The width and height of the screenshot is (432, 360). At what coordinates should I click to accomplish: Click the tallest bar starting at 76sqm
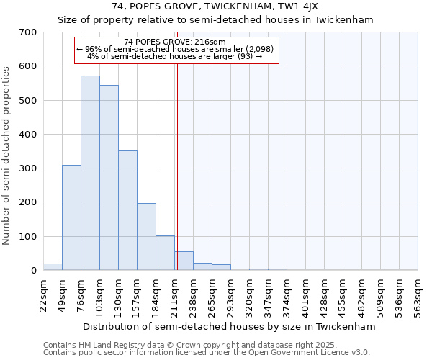click(x=90, y=173)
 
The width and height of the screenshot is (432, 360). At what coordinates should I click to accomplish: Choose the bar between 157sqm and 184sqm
click(x=146, y=237)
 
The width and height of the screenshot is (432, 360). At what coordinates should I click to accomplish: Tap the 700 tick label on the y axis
click(x=28, y=32)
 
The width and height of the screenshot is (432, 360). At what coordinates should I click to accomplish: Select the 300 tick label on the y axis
click(x=28, y=168)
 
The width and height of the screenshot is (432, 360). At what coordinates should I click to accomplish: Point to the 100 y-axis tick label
click(x=28, y=237)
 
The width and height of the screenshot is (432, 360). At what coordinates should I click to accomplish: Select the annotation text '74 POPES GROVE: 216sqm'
click(x=175, y=42)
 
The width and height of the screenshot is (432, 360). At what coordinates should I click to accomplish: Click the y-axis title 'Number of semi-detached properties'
click(x=7, y=155)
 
